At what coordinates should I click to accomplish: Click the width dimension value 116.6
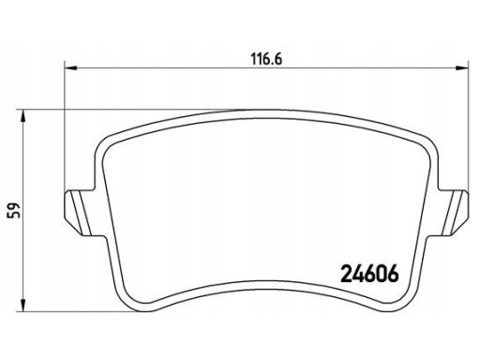tap(266, 59)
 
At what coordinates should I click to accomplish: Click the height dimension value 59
tap(14, 210)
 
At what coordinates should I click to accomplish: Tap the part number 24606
tap(369, 274)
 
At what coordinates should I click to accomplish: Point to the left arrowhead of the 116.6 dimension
tap(70, 67)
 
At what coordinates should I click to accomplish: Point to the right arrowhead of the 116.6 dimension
tap(462, 67)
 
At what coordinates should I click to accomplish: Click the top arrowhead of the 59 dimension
tap(22, 116)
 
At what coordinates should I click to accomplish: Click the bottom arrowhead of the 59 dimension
tap(22, 305)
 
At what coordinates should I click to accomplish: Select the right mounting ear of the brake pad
tap(452, 212)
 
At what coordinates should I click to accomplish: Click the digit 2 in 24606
tap(346, 274)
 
